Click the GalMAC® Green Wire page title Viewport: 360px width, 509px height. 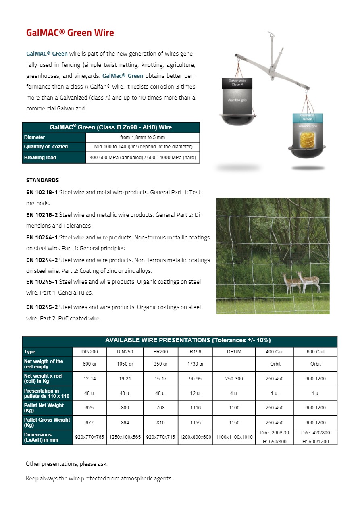70,33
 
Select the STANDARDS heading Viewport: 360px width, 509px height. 42,180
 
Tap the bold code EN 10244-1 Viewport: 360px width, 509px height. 42,237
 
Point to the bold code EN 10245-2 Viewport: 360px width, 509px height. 42,307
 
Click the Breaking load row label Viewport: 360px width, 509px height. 40,157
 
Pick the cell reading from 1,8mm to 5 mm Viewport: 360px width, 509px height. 143,137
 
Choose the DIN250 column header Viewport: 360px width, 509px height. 125,352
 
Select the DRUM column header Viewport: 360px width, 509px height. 234,352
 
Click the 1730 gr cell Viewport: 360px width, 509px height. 196,364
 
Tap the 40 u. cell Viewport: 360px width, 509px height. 125,393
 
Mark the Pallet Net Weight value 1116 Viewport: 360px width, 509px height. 196,408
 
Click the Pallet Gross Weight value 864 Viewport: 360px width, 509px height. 125,423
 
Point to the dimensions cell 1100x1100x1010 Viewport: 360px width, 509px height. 234,437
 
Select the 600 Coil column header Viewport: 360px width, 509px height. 315,352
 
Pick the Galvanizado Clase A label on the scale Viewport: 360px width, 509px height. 237,83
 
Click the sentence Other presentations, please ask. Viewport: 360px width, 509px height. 67,464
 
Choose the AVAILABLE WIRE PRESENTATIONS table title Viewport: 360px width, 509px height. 179,341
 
